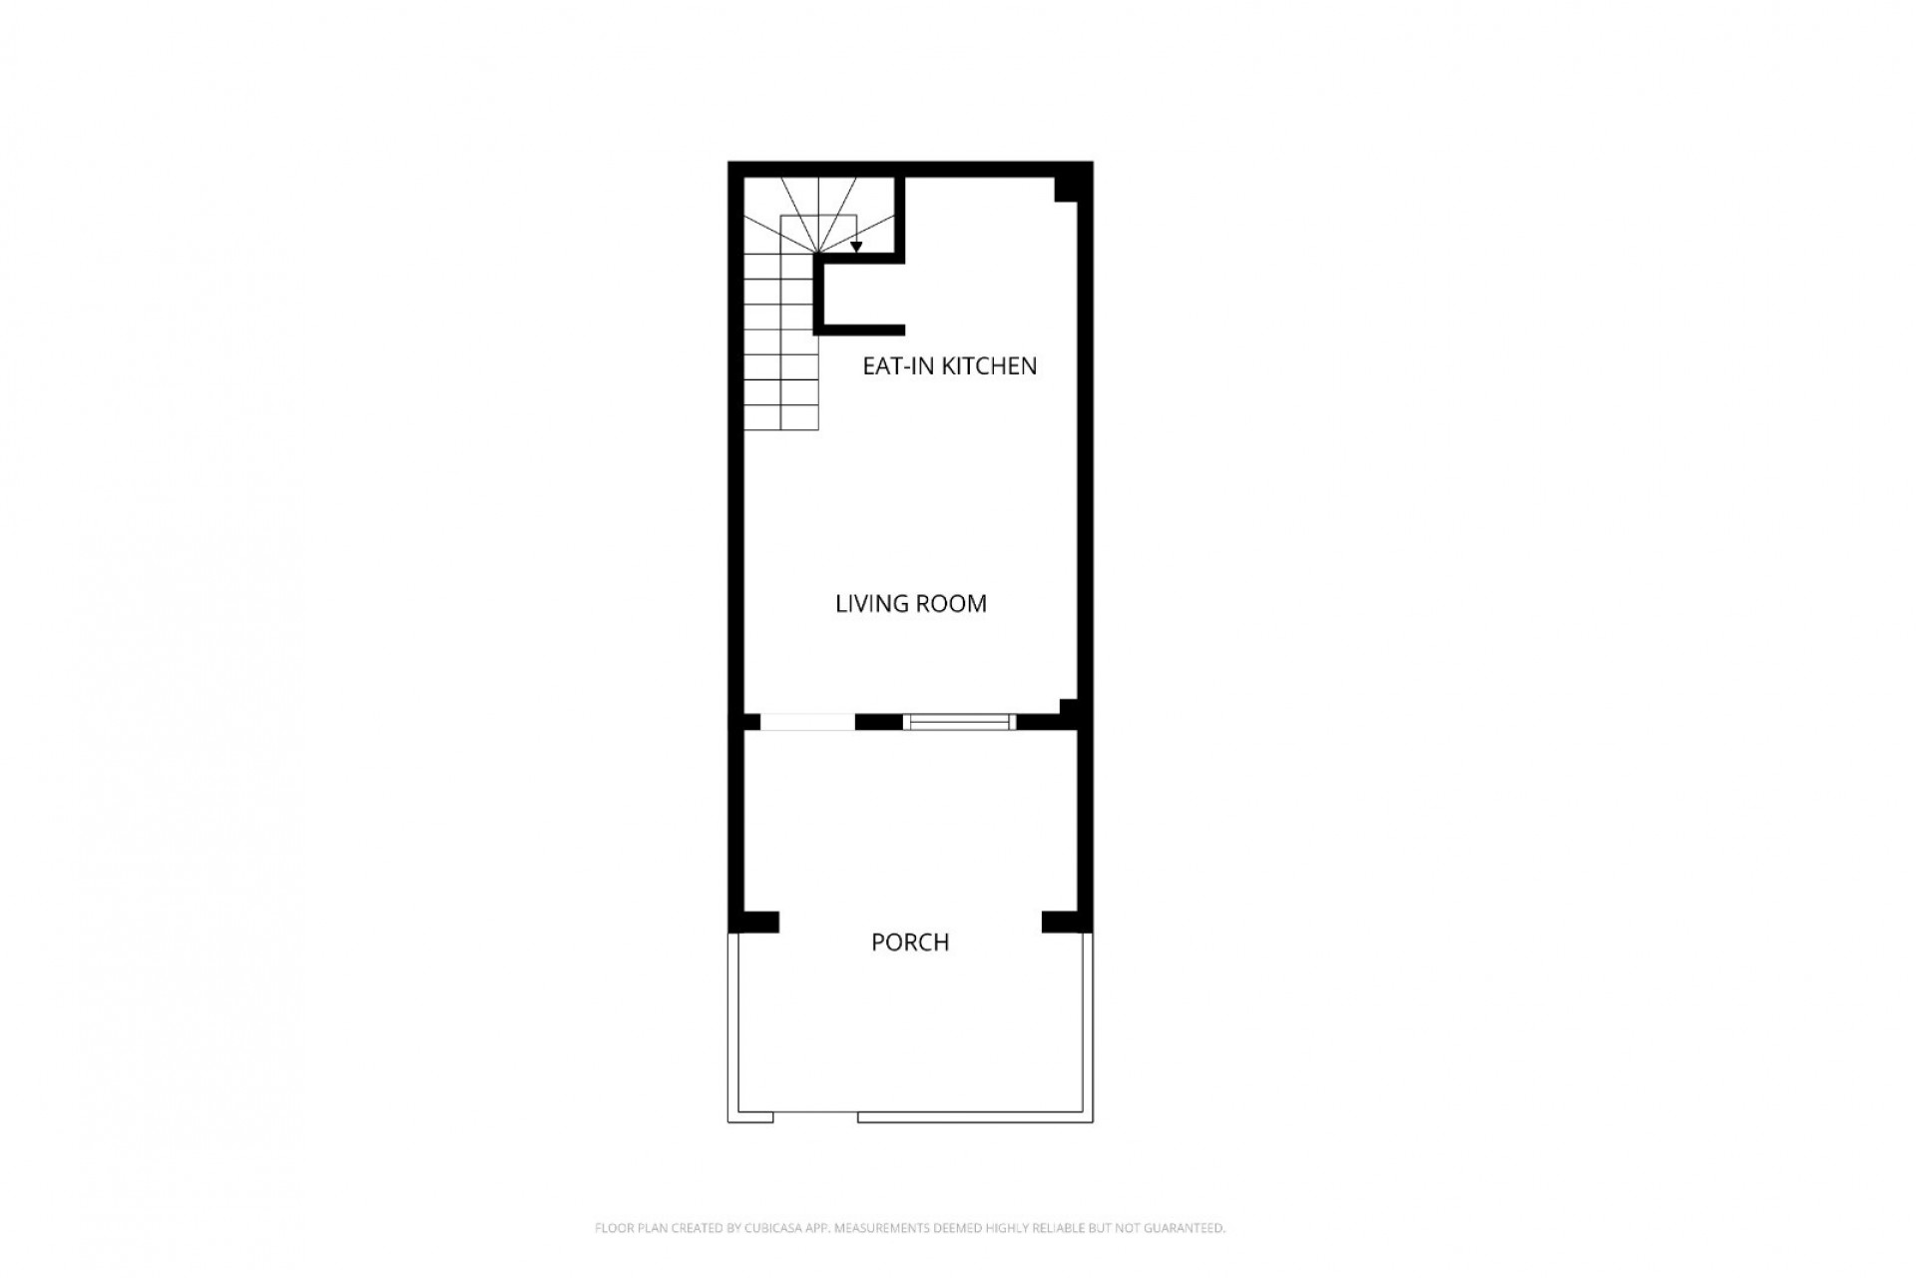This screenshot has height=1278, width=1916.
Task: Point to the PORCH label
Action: (910, 943)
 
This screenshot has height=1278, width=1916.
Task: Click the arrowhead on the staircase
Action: (856, 247)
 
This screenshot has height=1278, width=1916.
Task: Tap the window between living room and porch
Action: (960, 722)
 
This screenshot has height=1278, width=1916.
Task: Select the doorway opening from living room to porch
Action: (807, 722)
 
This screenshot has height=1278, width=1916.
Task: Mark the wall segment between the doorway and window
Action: (879, 722)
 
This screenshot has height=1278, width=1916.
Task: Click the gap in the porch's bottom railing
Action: (815, 1117)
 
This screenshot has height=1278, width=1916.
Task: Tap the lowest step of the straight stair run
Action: (781, 418)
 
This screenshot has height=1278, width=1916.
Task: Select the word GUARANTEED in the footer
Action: (1190, 1228)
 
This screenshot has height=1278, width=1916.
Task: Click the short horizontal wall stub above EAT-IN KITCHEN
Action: (860, 329)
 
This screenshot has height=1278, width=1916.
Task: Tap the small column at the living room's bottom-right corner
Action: (1069, 708)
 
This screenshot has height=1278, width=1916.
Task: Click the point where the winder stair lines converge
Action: (819, 254)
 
